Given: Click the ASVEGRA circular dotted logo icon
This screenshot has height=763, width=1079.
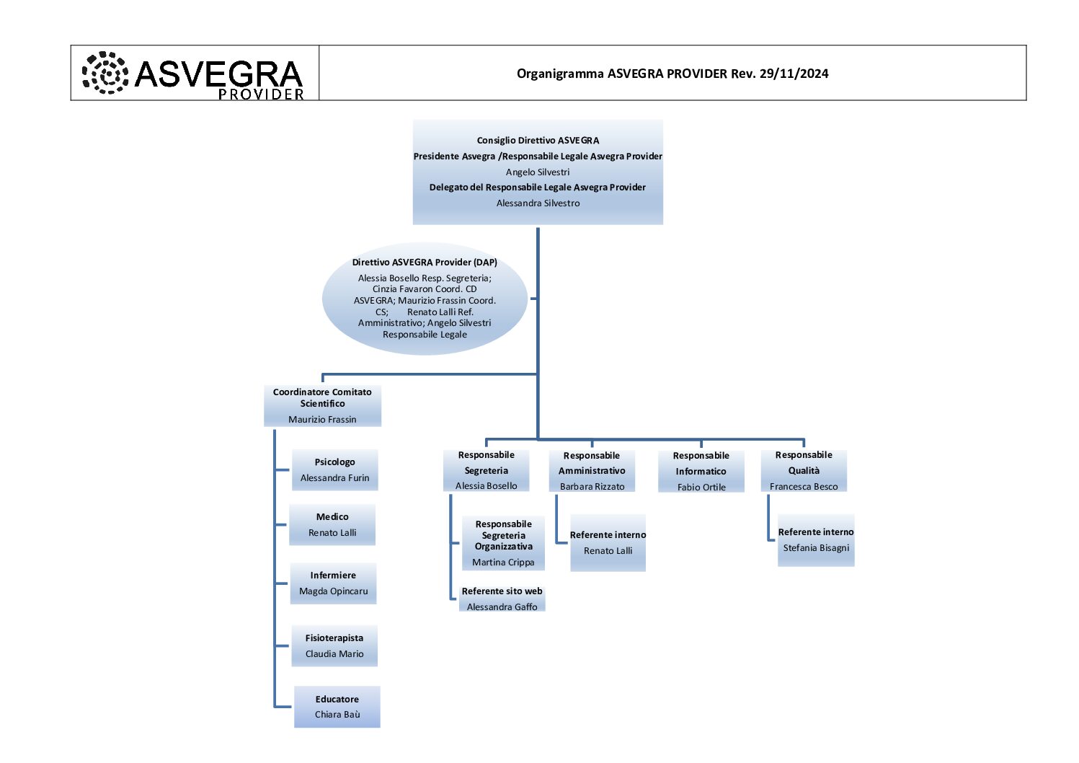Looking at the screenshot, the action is click(105, 73).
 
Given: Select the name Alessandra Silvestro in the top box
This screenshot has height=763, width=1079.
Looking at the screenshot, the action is click(538, 203).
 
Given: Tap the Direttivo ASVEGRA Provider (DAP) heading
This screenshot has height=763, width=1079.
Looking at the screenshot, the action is click(425, 263).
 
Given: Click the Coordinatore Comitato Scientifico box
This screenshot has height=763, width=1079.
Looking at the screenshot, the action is click(322, 405).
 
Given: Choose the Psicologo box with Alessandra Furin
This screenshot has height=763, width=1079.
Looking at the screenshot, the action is click(334, 470).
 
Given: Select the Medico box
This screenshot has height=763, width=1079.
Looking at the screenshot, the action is click(332, 525).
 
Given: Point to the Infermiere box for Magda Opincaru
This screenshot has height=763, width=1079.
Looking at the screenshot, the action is click(333, 583).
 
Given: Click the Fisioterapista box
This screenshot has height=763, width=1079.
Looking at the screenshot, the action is click(334, 646).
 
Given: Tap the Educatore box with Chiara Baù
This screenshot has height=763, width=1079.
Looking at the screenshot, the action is click(337, 707).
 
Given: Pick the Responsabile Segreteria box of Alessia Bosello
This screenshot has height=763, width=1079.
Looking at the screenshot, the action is click(486, 470).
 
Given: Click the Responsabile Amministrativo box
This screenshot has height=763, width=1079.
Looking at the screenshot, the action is click(592, 471).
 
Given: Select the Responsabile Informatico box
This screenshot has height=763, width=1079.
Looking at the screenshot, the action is click(701, 472).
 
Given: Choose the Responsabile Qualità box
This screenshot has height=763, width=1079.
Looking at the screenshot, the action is click(804, 471).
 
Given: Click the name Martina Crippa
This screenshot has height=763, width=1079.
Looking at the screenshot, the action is click(503, 563).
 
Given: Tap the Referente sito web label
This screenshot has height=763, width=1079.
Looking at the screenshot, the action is click(502, 591).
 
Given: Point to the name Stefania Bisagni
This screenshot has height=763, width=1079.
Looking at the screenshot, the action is click(816, 548).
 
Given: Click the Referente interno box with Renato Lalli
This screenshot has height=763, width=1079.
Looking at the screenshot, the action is click(608, 543).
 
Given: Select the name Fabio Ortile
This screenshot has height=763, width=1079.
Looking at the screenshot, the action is click(701, 488).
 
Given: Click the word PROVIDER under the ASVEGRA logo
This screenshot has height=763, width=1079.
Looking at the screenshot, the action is click(261, 94).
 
